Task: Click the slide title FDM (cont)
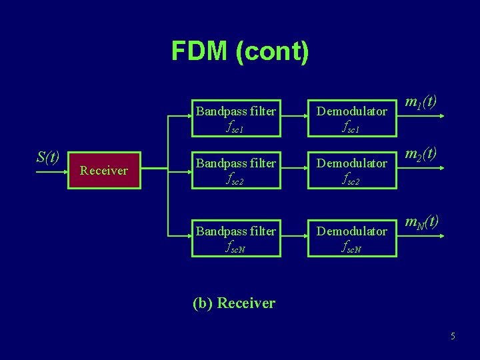point(240,51)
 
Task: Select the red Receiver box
point(103,171)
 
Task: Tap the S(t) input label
point(48,157)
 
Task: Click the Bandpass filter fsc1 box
point(235,119)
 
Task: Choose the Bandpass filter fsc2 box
point(235,171)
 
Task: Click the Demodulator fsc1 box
point(351,119)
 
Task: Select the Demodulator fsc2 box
point(351,171)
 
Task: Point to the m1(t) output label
point(421,101)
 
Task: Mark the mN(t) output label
point(421,221)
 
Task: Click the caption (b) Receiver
point(233,303)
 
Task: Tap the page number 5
point(453,336)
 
